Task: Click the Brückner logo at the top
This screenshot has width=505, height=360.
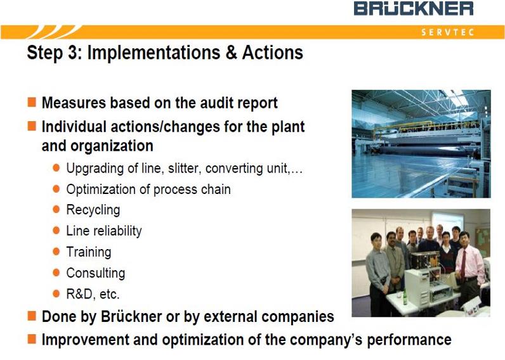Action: point(414,9)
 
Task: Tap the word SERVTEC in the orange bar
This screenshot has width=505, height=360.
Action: point(448,32)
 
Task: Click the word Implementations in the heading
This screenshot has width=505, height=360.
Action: point(154,53)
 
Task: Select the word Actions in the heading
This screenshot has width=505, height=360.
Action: point(272,52)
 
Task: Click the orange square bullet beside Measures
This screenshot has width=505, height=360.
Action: point(32,102)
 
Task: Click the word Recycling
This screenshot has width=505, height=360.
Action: point(93,210)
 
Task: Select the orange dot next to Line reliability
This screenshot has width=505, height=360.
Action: point(56,230)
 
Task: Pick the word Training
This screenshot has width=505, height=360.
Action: point(89,252)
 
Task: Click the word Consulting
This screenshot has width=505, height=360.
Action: point(96,273)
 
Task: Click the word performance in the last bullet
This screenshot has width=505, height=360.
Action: point(409,340)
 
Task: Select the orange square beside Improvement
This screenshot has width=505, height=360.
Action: point(32,339)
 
